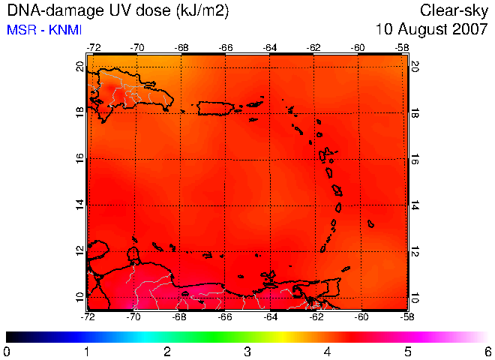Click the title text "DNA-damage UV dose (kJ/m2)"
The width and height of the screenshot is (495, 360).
click(118, 10)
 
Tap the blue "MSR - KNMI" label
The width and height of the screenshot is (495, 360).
click(44, 30)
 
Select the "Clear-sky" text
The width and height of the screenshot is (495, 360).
click(454, 11)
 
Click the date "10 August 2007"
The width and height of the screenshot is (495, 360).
click(431, 29)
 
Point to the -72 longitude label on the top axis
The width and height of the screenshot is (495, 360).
click(94, 48)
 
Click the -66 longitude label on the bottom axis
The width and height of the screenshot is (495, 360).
click(225, 316)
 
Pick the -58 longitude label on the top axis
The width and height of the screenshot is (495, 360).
click(402, 48)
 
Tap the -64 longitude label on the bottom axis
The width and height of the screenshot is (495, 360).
click(270, 316)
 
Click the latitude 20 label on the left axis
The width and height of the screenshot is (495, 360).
click(80, 67)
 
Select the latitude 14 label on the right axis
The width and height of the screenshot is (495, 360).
click(415, 205)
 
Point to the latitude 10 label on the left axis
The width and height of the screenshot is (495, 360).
click(80, 297)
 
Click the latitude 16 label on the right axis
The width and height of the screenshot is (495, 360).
click(415, 160)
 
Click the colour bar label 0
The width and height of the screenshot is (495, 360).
click(6, 352)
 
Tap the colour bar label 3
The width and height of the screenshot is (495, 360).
click(247, 352)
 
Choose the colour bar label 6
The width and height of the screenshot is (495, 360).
click(488, 352)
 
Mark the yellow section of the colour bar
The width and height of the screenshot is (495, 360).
click(283, 337)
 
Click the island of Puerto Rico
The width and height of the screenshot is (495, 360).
click(215, 108)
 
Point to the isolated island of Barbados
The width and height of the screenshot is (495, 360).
click(370, 224)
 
